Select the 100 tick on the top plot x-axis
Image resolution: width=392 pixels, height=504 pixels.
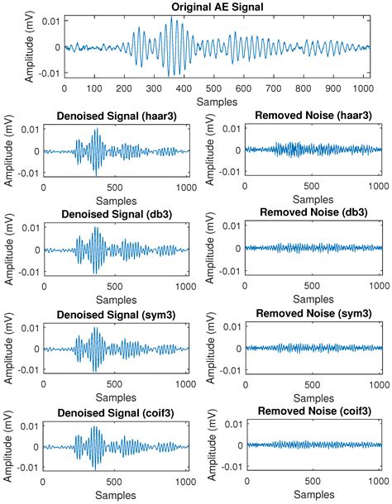pyautogui.click(x=97, y=87)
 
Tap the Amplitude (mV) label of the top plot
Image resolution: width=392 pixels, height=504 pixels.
pyautogui.click(x=9, y=46)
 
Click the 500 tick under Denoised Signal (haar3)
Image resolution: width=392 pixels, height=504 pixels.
pyautogui.click(x=116, y=188)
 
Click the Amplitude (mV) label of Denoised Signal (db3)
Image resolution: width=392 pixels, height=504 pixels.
pyautogui.click(x=9, y=249)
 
